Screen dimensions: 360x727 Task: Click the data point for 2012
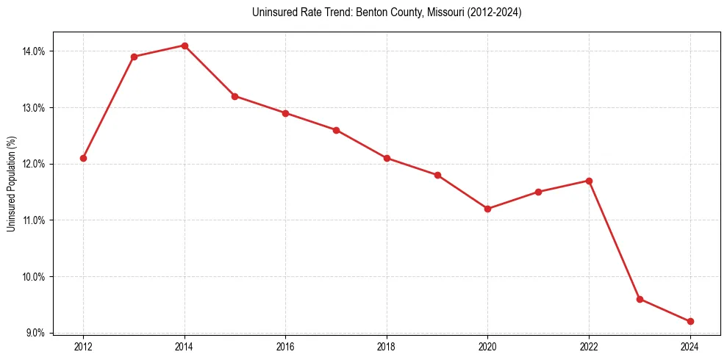84,158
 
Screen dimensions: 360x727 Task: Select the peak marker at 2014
185,46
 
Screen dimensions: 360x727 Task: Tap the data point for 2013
134,57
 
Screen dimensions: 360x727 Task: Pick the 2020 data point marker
487,209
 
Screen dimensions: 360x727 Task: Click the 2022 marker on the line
589,181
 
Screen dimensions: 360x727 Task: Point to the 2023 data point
640,299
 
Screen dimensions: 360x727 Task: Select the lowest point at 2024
690,321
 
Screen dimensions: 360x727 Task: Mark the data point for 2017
336,130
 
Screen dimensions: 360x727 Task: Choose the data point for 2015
235,96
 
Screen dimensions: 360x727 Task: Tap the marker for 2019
437,175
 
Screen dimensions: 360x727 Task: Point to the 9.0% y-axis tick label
35,333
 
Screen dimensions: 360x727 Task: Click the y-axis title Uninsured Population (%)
11,184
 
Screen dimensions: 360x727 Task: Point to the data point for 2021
538,192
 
